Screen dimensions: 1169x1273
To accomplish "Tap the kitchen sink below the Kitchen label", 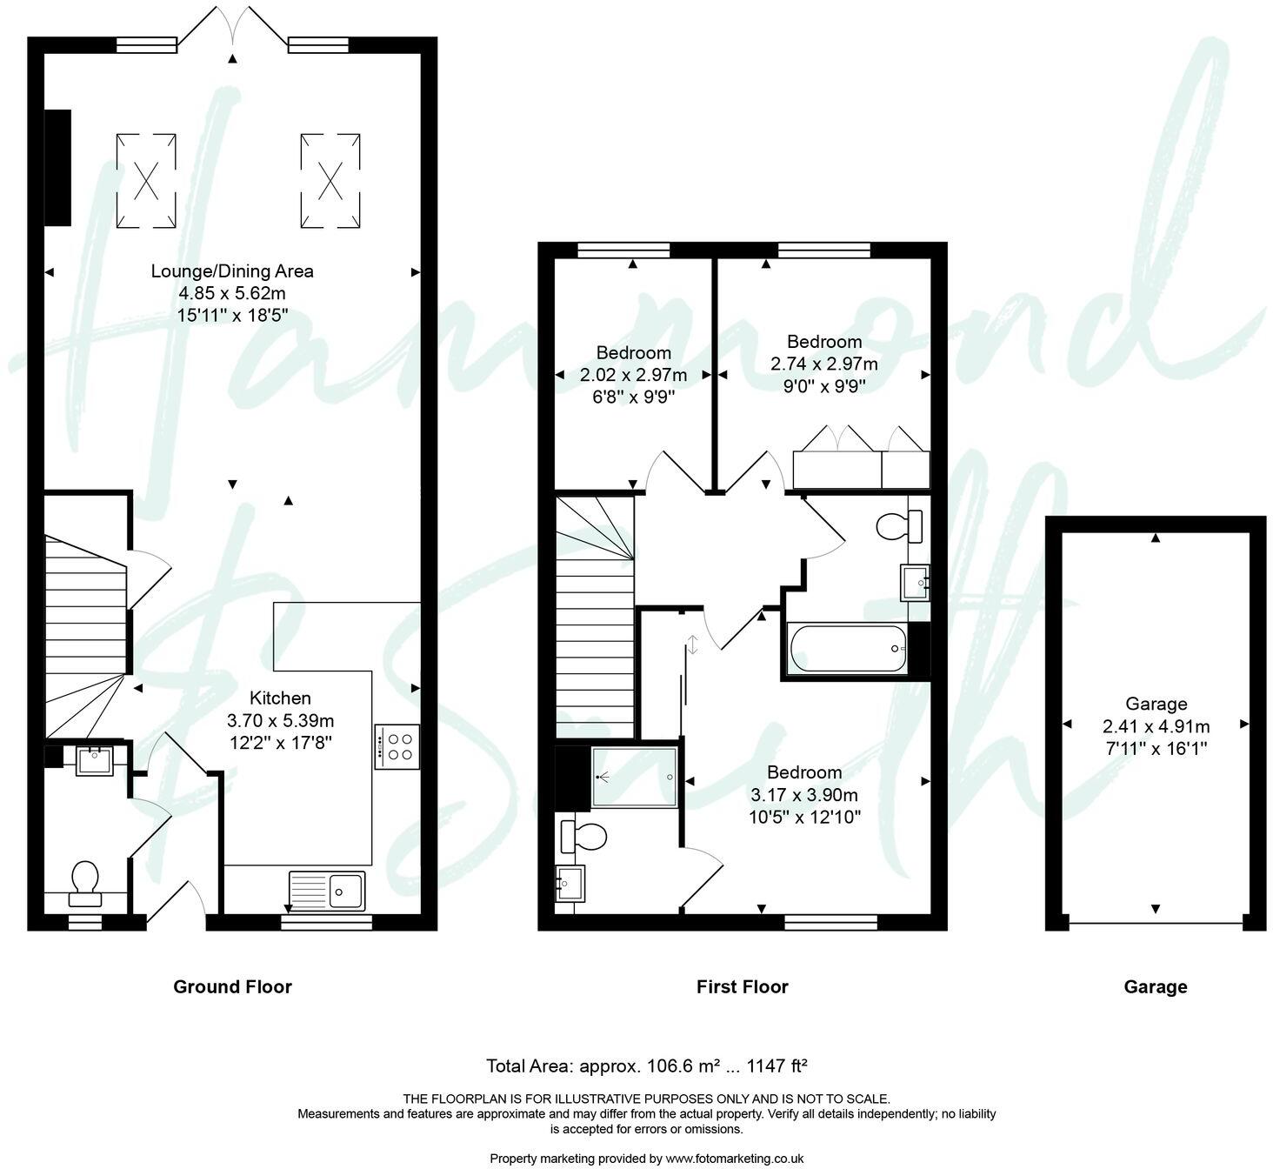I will [x=328, y=890].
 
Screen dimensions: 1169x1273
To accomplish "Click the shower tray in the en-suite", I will [x=635, y=777].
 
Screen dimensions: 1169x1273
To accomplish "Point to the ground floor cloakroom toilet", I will [x=85, y=878].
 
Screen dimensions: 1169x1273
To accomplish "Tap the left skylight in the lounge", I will [x=146, y=181].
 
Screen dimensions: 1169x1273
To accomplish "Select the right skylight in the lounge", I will [x=330, y=181].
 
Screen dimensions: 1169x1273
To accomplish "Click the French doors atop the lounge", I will [x=232, y=26].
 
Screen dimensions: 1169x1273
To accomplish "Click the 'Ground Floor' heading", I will [x=232, y=986].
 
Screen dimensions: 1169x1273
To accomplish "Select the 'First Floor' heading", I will [x=742, y=986].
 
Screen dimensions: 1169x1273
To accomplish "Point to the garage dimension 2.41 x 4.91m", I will [x=1156, y=726].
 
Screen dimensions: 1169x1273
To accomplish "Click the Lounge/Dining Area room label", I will [x=232, y=271].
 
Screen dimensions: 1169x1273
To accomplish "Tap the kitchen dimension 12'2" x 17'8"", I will [x=280, y=743].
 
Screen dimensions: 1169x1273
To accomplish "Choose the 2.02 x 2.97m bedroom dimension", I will [x=633, y=375].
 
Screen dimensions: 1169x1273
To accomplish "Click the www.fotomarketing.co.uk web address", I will [x=734, y=1159].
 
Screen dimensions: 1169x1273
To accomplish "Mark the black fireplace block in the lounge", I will [x=58, y=167].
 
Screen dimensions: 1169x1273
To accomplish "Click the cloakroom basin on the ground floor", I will [x=94, y=761].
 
